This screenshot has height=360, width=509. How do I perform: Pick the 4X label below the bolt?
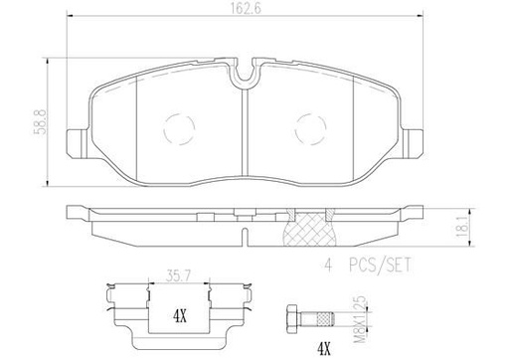(x=324, y=348)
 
